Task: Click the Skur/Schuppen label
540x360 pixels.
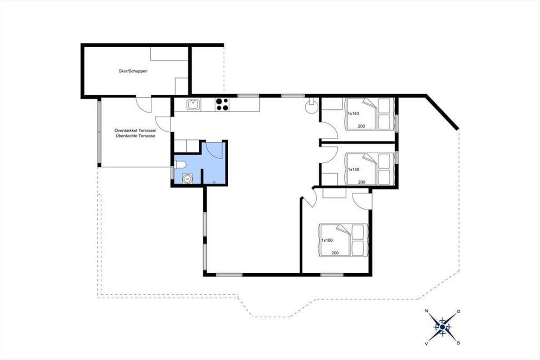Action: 133,71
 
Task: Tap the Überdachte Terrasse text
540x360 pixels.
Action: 135,136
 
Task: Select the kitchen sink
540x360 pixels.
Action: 193,105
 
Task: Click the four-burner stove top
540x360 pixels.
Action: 222,104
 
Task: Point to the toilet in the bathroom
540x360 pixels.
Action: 180,165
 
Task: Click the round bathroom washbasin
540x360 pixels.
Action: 187,179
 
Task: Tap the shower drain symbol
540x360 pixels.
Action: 214,182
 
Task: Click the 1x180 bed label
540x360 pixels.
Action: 327,240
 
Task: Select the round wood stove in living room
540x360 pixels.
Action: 311,106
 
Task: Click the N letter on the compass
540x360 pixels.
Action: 426,311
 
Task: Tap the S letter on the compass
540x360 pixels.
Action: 459,343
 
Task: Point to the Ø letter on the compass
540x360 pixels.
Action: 459,311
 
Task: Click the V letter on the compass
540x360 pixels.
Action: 426,344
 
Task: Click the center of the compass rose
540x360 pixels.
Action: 442,327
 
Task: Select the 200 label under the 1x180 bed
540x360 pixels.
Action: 335,253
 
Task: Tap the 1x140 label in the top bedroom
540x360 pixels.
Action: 353,113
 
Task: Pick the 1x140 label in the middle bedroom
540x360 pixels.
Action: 354,170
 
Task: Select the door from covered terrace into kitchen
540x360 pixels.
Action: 163,124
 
